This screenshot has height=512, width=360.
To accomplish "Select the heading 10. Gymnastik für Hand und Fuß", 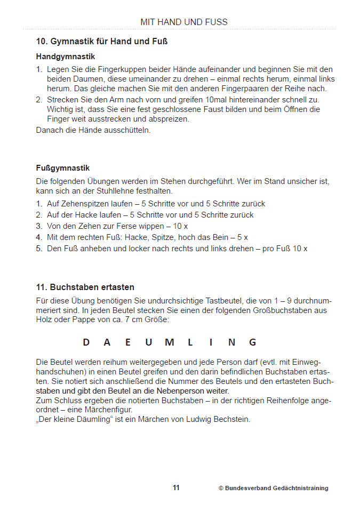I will [102, 41].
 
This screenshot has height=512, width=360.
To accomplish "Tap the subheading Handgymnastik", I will [66, 56].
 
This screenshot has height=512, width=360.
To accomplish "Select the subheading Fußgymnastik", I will [63, 168].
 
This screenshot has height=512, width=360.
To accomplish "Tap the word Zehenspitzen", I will [84, 204].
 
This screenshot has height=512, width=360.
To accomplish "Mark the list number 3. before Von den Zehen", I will [39, 226].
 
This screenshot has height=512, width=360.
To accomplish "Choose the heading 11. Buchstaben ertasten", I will [85, 287].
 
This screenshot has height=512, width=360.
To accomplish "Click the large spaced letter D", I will [86, 342].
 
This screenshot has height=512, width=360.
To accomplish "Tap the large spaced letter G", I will [253, 342].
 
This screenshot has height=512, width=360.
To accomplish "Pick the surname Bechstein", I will [231, 419].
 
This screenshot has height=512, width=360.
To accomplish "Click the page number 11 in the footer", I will [176, 487].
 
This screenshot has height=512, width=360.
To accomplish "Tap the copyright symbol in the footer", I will [221, 488].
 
